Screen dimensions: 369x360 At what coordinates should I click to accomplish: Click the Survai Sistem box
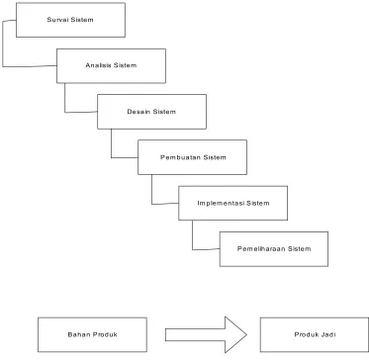coord(70,20)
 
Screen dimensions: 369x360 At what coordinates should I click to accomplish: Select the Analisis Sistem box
coord(111,66)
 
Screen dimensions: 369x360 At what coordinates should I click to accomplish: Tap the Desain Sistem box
coord(151,112)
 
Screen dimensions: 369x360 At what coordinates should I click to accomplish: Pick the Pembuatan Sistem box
coord(192,157)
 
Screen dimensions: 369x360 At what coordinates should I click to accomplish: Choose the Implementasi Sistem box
coord(233,203)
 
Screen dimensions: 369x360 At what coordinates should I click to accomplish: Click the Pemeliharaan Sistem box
coord(274,249)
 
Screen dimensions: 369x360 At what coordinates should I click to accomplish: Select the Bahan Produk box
coord(92,334)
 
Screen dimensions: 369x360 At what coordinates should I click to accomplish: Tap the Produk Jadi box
coord(315,334)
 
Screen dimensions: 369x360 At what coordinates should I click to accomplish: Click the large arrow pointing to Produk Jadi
coord(206,334)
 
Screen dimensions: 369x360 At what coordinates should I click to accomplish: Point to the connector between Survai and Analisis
coord(3,43)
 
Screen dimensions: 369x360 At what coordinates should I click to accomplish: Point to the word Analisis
coord(99,65)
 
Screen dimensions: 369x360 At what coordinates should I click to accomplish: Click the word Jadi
coord(328,334)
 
